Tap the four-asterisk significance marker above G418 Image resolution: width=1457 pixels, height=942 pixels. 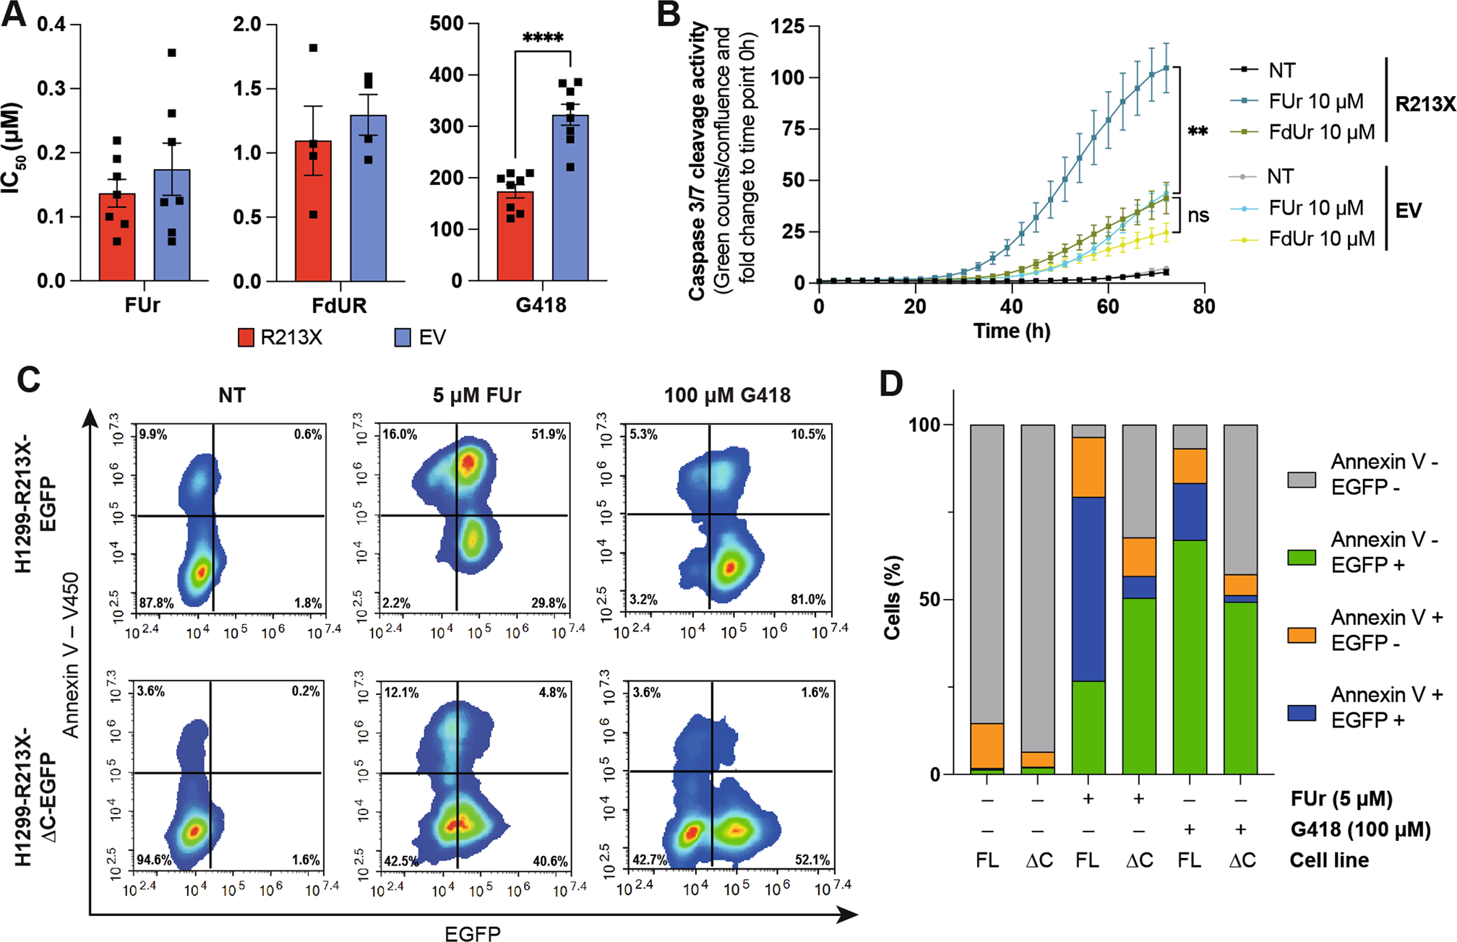click(542, 38)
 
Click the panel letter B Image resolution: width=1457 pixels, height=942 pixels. click(669, 15)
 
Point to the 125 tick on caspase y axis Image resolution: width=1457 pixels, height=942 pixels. click(787, 27)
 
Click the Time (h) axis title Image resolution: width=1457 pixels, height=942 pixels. click(1011, 331)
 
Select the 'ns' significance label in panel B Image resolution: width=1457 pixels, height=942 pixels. click(1198, 215)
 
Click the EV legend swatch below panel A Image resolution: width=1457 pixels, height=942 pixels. click(403, 337)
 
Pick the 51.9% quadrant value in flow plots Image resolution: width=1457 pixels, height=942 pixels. click(548, 434)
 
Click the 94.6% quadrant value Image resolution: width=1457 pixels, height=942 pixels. click(154, 860)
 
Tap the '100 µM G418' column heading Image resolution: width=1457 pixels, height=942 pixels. click(727, 395)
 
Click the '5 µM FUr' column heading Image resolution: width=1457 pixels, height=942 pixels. click(477, 395)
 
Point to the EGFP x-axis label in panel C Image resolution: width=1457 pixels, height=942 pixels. click(472, 933)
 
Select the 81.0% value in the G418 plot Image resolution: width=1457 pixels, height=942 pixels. click(807, 600)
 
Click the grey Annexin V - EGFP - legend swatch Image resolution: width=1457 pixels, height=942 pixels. click(1302, 480)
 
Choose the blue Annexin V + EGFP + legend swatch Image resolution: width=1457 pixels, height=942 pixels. click(1302, 713)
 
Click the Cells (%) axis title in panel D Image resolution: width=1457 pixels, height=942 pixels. click(893, 597)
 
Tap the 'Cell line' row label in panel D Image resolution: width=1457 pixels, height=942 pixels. click(1329, 860)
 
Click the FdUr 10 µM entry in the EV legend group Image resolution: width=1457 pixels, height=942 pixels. click(1321, 239)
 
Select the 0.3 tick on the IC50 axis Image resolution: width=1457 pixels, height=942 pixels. click(51, 89)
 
